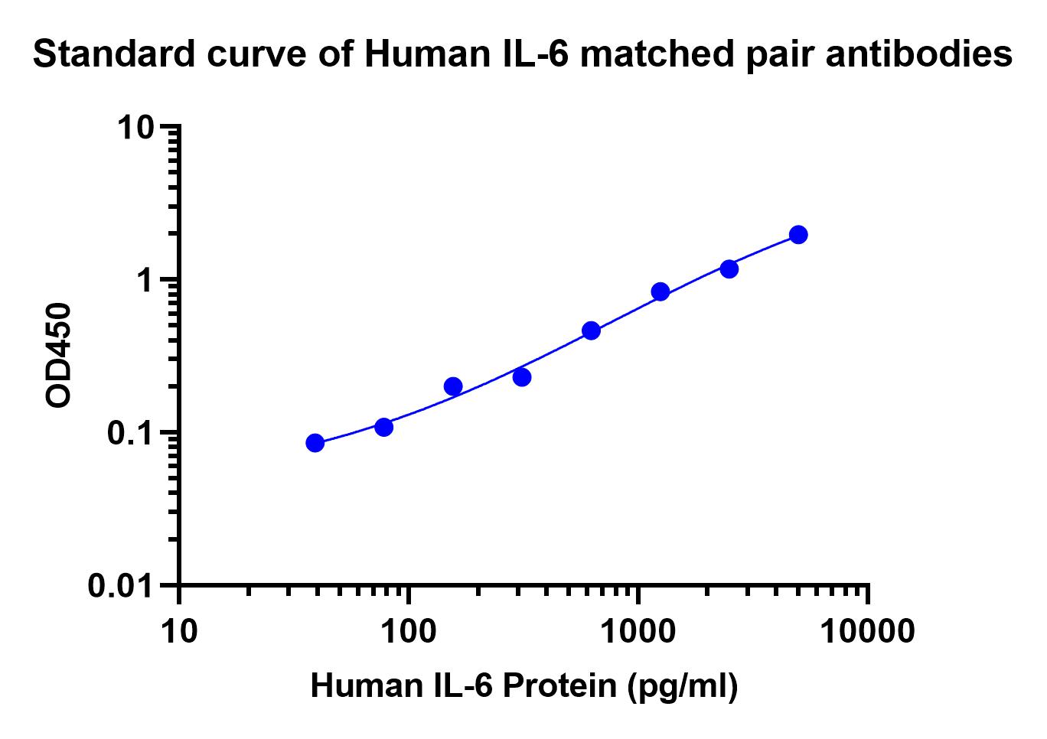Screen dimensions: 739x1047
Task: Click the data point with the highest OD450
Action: (x=798, y=235)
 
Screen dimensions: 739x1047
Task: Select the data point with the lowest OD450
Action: (x=315, y=443)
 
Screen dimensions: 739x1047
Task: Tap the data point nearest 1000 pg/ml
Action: (x=660, y=291)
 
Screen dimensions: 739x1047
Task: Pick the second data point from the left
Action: (x=384, y=427)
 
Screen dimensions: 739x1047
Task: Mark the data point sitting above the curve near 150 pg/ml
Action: (x=453, y=386)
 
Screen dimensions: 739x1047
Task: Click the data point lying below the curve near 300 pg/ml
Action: (x=522, y=377)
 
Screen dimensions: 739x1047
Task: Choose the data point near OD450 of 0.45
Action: (x=591, y=330)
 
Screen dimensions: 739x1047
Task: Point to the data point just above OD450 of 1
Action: (x=729, y=269)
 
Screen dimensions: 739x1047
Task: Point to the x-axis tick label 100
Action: (x=409, y=632)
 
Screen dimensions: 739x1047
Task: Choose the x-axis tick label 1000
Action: (x=638, y=632)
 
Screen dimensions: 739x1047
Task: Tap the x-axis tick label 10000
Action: (x=868, y=632)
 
